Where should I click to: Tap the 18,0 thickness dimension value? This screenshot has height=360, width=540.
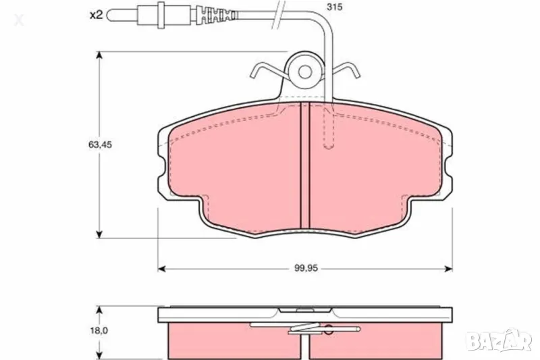point(99,330)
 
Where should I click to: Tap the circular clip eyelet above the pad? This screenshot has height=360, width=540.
point(304,70)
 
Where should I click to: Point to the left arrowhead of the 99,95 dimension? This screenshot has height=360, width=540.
point(162,269)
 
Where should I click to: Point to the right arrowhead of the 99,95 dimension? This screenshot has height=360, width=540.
point(448,269)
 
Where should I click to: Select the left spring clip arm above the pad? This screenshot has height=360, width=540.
point(267,70)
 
